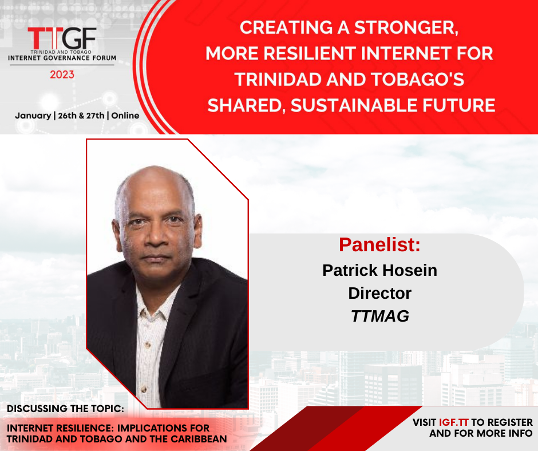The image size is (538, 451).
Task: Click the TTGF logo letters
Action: tap(62, 38)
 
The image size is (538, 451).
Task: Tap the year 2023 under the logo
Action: tap(62, 74)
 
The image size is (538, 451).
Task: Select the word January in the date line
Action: tap(33, 116)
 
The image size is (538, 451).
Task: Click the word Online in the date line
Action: tap(125, 116)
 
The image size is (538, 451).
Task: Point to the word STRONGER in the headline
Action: tap(406, 28)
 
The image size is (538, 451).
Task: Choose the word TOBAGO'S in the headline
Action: tap(418, 80)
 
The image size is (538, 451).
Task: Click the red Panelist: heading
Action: tap(379, 245)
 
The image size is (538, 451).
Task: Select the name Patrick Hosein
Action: tap(380, 270)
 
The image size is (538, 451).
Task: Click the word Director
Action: tap(380, 293)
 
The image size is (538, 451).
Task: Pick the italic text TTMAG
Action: tap(380, 316)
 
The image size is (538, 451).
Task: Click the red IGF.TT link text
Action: tap(454, 422)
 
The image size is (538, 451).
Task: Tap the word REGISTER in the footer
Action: tap(510, 422)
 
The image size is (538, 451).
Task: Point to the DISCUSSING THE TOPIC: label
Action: tap(66, 409)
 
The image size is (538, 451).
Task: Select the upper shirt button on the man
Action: tap(149, 344)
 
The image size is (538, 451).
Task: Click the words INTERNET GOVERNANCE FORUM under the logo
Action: tap(62, 58)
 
